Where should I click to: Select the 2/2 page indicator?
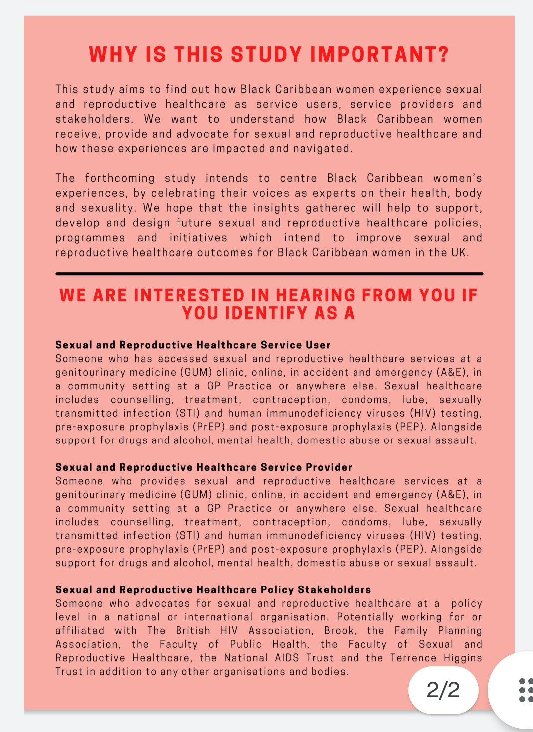443,690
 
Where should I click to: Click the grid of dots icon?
525,690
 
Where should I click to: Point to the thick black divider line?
269,274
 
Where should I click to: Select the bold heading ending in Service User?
193,345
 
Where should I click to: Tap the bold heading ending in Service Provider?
203,467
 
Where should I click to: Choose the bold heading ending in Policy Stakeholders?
213,590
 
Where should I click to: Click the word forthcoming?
120,178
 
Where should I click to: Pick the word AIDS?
287,658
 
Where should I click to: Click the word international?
218,617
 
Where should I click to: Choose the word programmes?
90,238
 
